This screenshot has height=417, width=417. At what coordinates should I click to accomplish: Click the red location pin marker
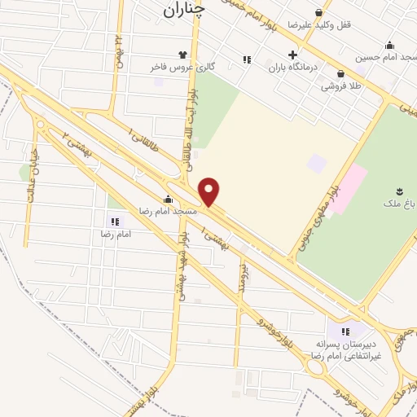(209, 192)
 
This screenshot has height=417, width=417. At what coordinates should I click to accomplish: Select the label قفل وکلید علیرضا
(346, 25)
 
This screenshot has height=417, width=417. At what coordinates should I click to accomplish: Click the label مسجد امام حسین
(386, 58)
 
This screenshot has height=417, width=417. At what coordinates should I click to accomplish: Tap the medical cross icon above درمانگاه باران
(292, 55)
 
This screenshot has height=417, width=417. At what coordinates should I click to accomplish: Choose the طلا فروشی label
(345, 85)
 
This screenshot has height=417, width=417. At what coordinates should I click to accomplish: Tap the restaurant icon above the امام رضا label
(115, 221)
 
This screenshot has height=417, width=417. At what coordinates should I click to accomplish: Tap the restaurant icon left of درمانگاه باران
(247, 59)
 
